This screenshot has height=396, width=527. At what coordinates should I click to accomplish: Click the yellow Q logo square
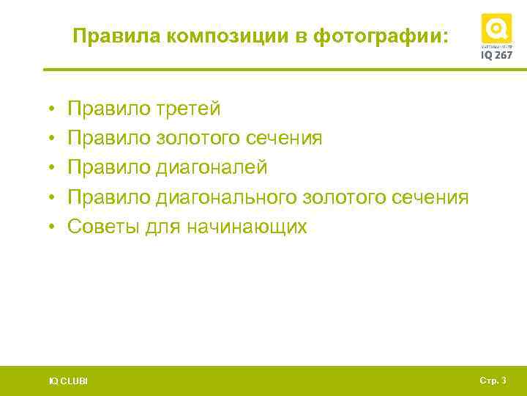pos(496,29)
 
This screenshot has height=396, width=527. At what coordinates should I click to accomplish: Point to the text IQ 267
pos(496,55)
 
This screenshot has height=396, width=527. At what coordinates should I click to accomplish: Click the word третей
pos(188,109)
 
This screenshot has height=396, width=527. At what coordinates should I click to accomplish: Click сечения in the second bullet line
pos(285,139)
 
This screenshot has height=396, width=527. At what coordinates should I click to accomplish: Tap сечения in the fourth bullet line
pos(432,197)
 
